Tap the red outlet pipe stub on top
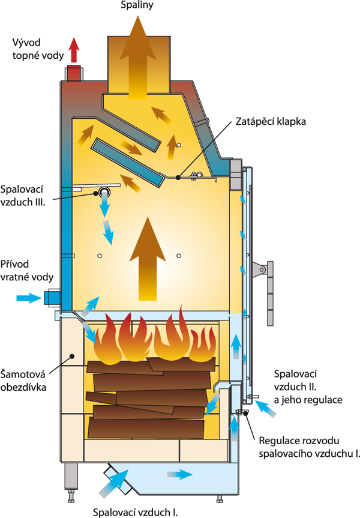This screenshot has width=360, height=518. tap(74, 73)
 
